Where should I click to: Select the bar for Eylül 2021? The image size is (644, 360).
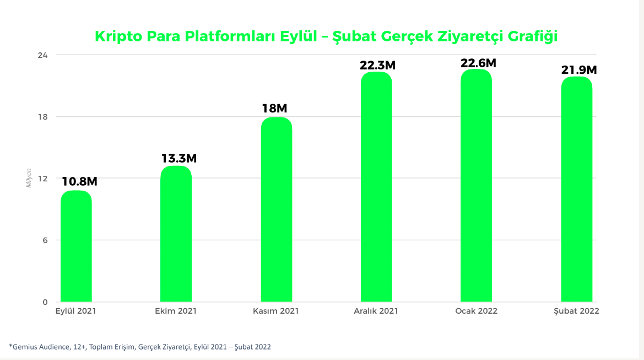[76, 246]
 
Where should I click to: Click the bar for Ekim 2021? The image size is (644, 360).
[176, 234]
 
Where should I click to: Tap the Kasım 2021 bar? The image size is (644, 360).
[276, 210]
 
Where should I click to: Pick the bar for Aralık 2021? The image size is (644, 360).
[376, 187]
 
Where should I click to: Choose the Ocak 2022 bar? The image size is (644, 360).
[476, 186]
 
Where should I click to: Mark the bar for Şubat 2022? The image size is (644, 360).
[576, 190]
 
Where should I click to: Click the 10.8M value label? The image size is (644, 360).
[79, 181]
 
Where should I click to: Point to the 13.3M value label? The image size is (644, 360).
[179, 158]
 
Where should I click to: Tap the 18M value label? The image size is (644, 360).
[274, 109]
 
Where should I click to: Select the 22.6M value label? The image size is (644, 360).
[478, 63]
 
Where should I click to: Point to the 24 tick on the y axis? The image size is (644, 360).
[43, 55]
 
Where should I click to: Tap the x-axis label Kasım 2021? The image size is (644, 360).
[275, 311]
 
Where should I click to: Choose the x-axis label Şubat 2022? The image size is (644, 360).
[576, 311]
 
